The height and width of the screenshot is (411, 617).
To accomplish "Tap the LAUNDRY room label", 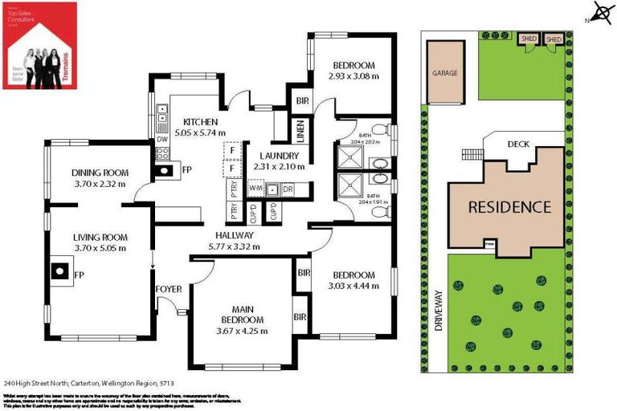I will (280, 156).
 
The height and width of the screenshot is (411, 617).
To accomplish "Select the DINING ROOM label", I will (100, 173).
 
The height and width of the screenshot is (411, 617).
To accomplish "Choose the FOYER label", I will (169, 289).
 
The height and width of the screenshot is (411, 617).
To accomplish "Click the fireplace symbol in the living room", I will (61, 271).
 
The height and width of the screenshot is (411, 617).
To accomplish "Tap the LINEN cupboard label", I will (299, 131).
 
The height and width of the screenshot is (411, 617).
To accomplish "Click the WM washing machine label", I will (256, 189).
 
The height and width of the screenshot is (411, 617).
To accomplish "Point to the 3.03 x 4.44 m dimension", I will (352, 285).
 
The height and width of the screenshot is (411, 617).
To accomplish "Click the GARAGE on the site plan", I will (445, 73).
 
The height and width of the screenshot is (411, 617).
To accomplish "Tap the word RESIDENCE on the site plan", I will (509, 206).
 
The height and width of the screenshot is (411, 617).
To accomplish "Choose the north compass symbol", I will (599, 13).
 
